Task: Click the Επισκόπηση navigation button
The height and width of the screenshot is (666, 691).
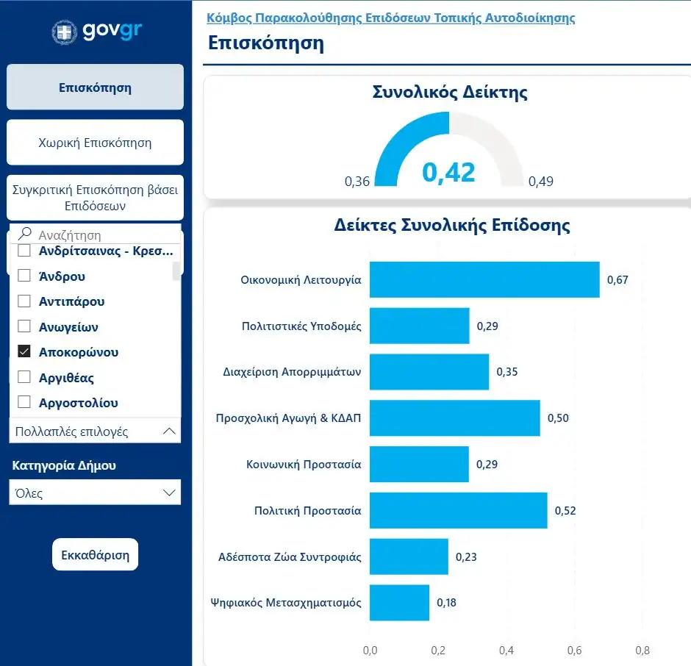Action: [x=95, y=87]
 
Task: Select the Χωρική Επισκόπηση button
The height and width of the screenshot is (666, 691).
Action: [x=95, y=143]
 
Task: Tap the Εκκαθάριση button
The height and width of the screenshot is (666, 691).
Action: [x=96, y=554]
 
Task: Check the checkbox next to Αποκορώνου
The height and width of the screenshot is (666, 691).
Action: [x=24, y=352]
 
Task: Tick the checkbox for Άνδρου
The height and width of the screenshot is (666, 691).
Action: [x=24, y=276]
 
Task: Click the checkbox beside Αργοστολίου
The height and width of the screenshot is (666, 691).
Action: [x=24, y=403]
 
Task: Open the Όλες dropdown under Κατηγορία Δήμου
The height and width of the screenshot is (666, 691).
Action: [x=95, y=493]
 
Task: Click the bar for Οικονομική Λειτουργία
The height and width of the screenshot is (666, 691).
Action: [x=484, y=280]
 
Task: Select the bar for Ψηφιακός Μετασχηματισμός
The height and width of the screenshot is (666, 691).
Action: [x=399, y=603]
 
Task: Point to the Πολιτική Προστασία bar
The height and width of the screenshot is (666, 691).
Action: [x=458, y=511]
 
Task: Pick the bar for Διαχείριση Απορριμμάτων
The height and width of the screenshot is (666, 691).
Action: [x=429, y=372]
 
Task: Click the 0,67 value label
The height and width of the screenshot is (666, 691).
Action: [x=617, y=280]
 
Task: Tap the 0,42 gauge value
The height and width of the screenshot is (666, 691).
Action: [x=448, y=172]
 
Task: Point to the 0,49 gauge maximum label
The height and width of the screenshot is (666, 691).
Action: [x=541, y=182]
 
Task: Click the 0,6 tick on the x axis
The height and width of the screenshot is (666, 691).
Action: [x=574, y=651]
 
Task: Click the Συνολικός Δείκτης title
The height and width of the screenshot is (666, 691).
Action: [x=450, y=93]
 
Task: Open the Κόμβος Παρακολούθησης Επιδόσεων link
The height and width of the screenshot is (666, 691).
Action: [x=390, y=18]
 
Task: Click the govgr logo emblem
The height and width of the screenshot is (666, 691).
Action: [x=64, y=32]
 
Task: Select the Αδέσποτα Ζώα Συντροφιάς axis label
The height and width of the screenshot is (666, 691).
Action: [x=290, y=557]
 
